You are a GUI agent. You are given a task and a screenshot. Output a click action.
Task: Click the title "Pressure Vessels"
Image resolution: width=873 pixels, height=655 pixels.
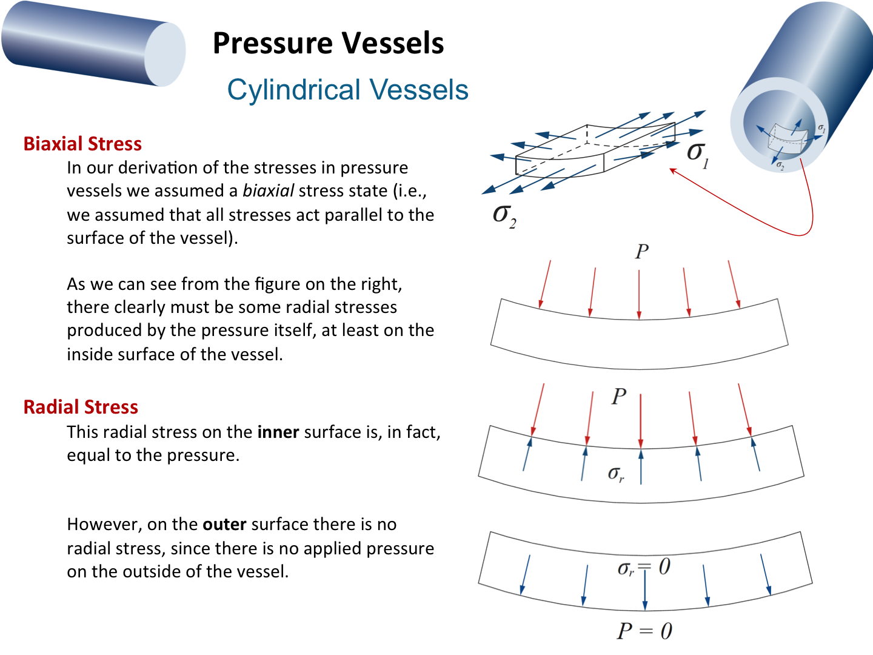(328, 44)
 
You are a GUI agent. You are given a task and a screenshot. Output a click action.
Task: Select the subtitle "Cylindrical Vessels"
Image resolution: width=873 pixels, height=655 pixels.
(347, 90)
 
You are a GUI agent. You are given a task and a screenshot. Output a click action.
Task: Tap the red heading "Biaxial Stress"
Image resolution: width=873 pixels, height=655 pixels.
(82, 144)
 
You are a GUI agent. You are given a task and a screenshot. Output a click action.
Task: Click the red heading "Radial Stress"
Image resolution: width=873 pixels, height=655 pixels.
(81, 407)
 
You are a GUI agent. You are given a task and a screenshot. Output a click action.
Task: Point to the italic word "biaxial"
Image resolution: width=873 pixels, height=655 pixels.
(268, 191)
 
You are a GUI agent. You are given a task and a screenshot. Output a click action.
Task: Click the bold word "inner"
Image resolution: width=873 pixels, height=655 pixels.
(278, 432)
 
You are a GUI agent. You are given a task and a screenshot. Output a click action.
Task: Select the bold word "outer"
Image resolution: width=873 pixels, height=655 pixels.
(224, 524)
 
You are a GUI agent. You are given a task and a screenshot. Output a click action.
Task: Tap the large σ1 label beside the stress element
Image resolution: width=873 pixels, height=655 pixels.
(697, 153)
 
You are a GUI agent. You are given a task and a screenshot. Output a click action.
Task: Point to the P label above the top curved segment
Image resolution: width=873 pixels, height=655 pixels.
(641, 251)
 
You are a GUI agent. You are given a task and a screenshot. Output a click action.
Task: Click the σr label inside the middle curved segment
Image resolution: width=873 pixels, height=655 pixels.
(616, 474)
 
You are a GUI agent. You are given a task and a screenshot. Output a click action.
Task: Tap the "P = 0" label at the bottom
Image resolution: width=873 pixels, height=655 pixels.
(644, 631)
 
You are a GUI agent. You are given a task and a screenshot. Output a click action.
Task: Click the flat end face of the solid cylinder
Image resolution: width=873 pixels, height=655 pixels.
(165, 55)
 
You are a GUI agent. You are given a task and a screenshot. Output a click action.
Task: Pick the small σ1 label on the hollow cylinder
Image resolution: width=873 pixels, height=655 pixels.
(821, 129)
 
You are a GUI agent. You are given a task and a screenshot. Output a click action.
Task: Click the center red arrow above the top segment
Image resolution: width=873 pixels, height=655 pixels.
(639, 294)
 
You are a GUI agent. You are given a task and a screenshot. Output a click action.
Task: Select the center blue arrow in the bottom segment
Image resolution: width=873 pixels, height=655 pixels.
(645, 588)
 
